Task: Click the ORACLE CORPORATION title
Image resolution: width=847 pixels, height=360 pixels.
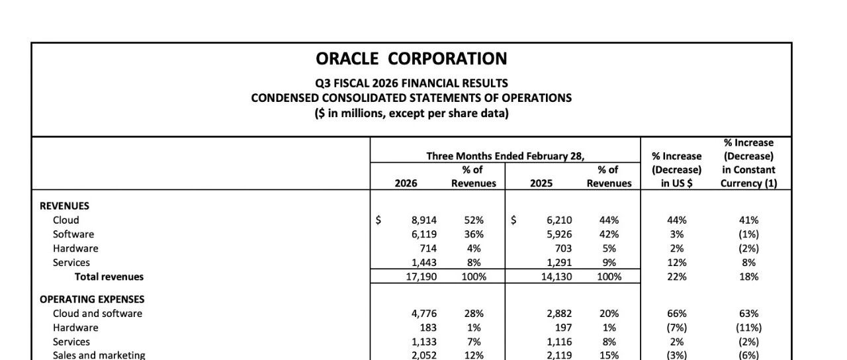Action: pyautogui.click(x=412, y=59)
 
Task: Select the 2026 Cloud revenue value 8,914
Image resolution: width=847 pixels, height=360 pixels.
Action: pyautogui.click(x=424, y=220)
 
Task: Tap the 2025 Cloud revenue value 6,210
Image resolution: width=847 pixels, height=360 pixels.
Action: pyautogui.click(x=559, y=220)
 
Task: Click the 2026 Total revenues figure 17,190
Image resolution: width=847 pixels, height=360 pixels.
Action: pyautogui.click(x=422, y=277)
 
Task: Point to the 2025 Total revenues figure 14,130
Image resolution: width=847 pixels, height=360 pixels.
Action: pyautogui.click(x=557, y=277)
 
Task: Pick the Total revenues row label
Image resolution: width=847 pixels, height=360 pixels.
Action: pyautogui.click(x=109, y=277)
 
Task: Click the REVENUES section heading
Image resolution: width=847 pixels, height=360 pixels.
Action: pyautogui.click(x=64, y=206)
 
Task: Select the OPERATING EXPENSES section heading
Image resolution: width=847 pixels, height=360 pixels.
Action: pyautogui.click(x=92, y=300)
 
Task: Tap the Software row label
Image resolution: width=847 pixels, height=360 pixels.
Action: pyautogui.click(x=73, y=234)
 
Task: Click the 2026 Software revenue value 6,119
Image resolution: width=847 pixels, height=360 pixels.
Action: pyautogui.click(x=424, y=234)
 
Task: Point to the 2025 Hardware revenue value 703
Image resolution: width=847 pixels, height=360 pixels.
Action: pyautogui.click(x=564, y=248)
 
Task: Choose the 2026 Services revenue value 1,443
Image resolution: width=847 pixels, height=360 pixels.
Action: pyautogui.click(x=424, y=263)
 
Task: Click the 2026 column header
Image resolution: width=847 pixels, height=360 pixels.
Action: pyautogui.click(x=406, y=183)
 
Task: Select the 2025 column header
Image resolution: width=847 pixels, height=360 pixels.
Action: pyautogui.click(x=541, y=183)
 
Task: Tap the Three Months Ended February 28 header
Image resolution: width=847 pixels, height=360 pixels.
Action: pyautogui.click(x=506, y=156)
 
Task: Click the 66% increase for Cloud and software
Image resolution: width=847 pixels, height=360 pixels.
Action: pyautogui.click(x=676, y=314)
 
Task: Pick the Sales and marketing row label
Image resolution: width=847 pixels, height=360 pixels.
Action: pyautogui.click(x=99, y=355)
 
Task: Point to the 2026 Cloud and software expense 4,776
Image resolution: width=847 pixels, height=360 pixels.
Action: pyautogui.click(x=424, y=314)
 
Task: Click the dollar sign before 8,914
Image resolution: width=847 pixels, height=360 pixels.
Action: pyautogui.click(x=378, y=220)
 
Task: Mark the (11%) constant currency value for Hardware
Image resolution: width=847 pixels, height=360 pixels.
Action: pyautogui.click(x=748, y=328)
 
